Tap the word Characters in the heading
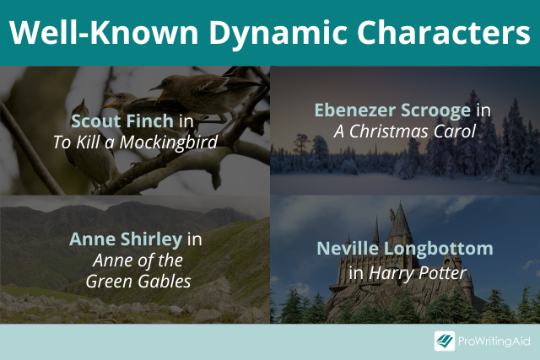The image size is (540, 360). point(444,32)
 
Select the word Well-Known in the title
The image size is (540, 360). point(104,32)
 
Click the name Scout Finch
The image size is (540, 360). point(122,121)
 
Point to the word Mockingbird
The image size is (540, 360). point(169,142)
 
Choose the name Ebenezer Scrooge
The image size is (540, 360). point(392,111)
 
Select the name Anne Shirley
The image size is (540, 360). point(126,240)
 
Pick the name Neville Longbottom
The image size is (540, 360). point(405,249)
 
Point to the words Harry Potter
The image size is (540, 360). point(418,274)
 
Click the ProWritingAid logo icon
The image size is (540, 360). point(445,341)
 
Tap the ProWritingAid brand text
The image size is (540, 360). point(494,341)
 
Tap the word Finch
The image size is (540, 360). point(150,121)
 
